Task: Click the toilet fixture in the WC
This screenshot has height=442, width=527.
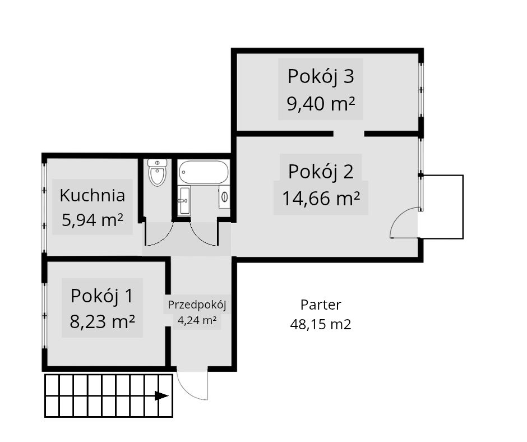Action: click(x=158, y=173)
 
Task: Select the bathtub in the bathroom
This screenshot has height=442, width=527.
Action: click(x=204, y=172)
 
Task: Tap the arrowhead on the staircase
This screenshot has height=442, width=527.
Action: click(x=161, y=396)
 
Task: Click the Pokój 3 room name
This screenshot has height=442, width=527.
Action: click(x=321, y=76)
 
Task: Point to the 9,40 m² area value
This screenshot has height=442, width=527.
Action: click(x=321, y=103)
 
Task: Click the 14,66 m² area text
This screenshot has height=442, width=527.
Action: click(x=321, y=198)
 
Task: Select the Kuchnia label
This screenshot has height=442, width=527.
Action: click(x=92, y=195)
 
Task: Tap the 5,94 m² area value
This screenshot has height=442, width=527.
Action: click(x=93, y=220)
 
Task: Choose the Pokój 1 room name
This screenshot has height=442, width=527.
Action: click(x=102, y=296)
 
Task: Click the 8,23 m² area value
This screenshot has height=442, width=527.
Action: click(x=102, y=321)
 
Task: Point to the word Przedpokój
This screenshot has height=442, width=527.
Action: click(x=197, y=305)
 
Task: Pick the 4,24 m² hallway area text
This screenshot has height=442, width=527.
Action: click(x=197, y=320)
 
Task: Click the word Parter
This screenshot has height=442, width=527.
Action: click(x=321, y=305)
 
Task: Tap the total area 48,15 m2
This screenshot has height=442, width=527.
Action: click(x=321, y=324)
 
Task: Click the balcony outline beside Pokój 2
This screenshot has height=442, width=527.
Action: click(x=463, y=207)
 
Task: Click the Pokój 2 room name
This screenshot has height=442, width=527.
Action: click(x=321, y=171)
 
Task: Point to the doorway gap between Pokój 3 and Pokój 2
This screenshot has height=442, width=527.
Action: click(x=349, y=133)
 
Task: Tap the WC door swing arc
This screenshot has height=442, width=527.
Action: click(x=167, y=237)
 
